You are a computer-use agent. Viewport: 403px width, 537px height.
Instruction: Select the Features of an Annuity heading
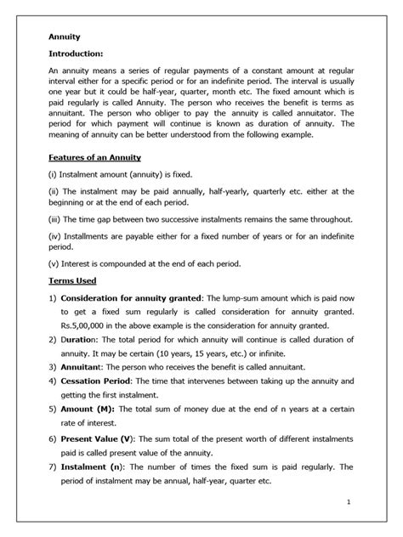coord(94,158)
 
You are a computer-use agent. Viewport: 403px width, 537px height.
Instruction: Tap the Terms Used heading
coord(71,280)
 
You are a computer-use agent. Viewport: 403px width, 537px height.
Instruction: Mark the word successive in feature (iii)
coord(188,219)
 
